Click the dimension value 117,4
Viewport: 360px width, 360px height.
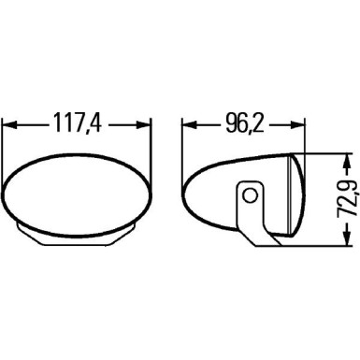click(x=78, y=123)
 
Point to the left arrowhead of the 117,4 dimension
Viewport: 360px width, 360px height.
click(x=11, y=123)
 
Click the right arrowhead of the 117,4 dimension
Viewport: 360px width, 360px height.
click(x=144, y=123)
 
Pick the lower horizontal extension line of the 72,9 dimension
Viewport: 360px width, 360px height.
click(x=323, y=246)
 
